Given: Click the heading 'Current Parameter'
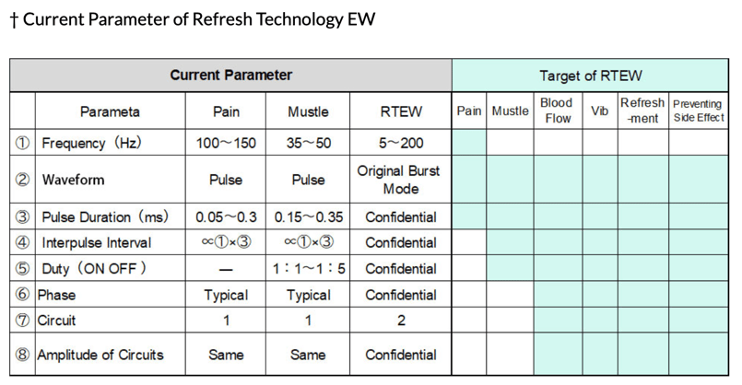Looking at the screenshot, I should coord(230,75).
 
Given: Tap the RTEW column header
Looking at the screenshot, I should coord(401,111).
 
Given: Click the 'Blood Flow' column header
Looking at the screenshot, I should coord(557,111).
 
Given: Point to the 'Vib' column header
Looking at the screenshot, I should coord(599,111).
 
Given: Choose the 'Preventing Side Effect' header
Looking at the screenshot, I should coord(698,111).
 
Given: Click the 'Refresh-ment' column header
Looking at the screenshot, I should coord(642,111).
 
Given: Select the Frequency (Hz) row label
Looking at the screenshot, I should coord(102,144).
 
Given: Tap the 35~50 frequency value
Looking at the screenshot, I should coord(308,144).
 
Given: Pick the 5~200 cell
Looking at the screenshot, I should coord(401,144).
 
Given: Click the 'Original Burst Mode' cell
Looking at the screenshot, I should coord(401,180).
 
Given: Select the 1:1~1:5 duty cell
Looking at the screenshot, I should coord(308,269).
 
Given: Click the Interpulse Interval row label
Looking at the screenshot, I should coord(97,243).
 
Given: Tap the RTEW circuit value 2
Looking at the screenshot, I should coord(401,321).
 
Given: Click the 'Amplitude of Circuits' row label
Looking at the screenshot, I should coord(100,355).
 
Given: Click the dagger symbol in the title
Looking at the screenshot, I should coord(14,19).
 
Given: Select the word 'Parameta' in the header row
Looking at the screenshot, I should coord(110,111).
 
